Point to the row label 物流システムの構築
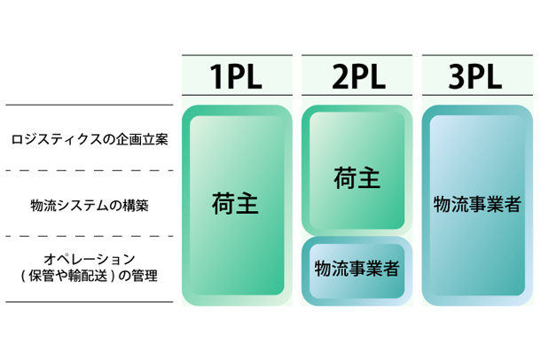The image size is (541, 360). (x=89, y=205)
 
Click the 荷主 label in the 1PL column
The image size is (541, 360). (x=235, y=205)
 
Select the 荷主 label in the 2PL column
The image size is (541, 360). (x=357, y=178)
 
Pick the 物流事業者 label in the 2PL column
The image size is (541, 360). (x=357, y=267)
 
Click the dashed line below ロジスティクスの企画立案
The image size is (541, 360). (x=89, y=171)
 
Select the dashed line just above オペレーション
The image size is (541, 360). (x=89, y=236)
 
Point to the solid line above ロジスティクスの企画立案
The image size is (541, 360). (x=89, y=106)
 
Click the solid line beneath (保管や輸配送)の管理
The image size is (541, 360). (x=89, y=301)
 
